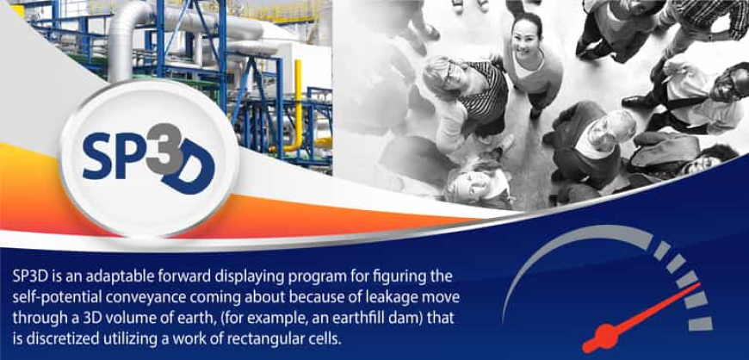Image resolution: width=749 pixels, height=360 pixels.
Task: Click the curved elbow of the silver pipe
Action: (x=128, y=21)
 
